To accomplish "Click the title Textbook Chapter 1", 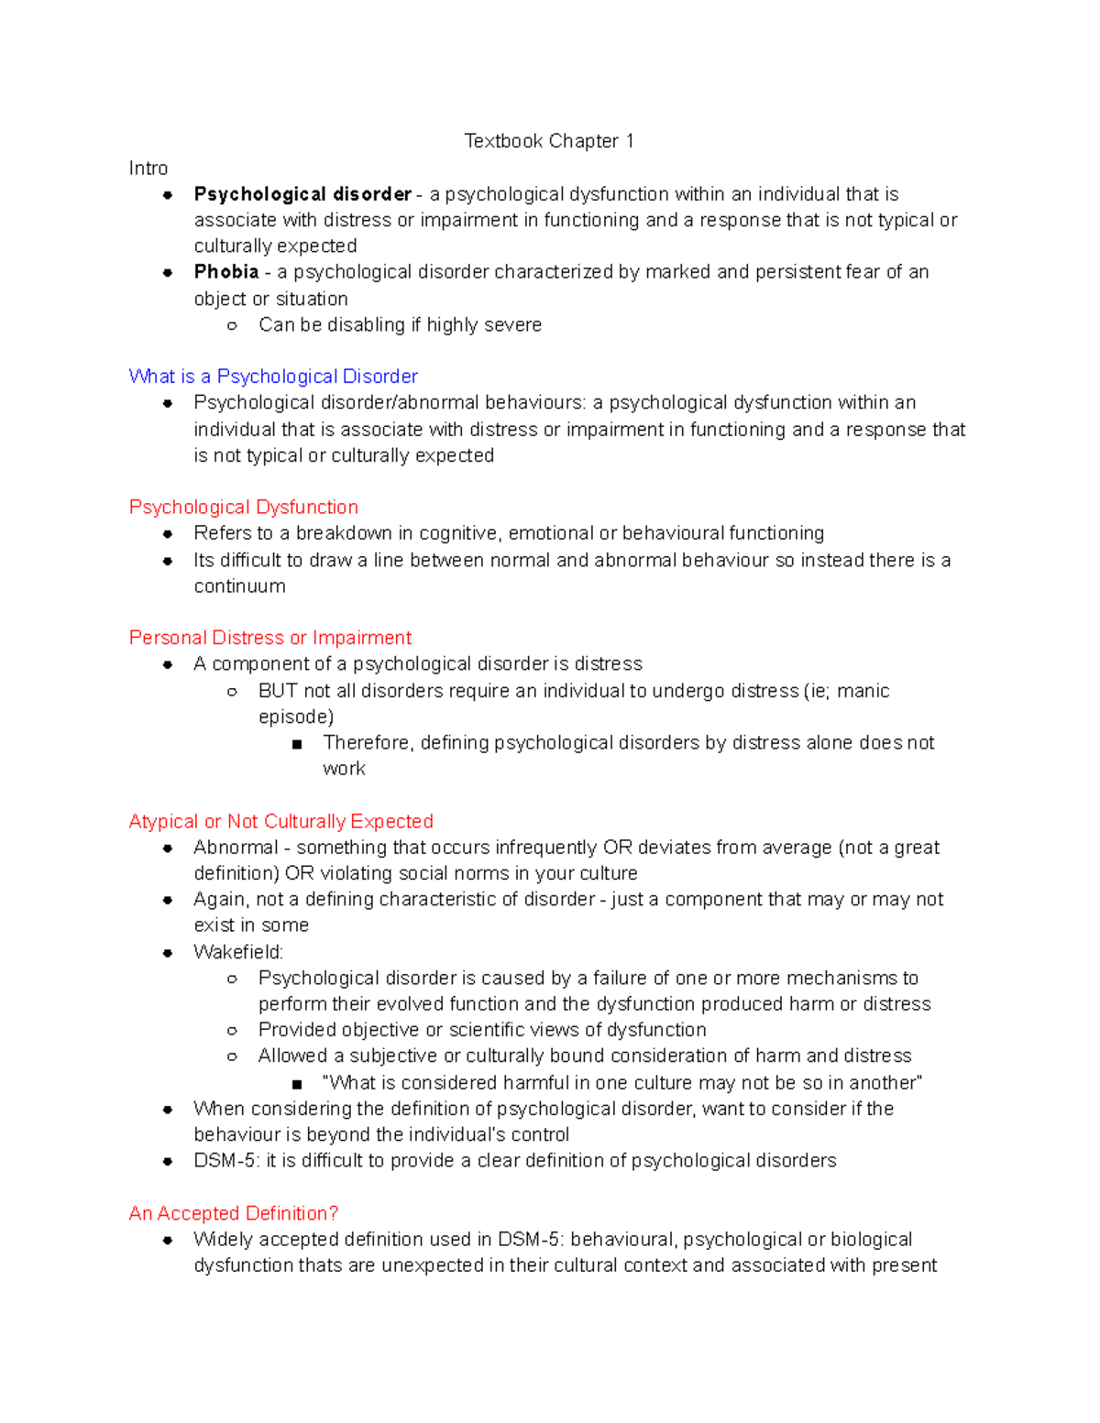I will click(548, 141).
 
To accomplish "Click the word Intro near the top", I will click(148, 168).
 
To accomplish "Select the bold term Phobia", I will click(225, 272).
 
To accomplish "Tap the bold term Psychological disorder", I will click(302, 194).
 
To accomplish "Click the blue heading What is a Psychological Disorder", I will click(273, 377).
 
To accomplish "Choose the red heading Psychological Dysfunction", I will click(243, 508).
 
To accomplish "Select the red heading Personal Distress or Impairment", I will click(270, 638).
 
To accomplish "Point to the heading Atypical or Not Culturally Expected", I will click(280, 822).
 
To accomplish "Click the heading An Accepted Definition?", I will click(234, 1213).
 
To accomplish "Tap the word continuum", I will click(239, 586).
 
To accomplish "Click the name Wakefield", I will click(238, 952).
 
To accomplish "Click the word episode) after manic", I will click(295, 717).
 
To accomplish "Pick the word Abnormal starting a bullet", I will click(236, 848).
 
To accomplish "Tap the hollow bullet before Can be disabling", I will click(232, 326).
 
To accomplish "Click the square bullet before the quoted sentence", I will click(297, 1084).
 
